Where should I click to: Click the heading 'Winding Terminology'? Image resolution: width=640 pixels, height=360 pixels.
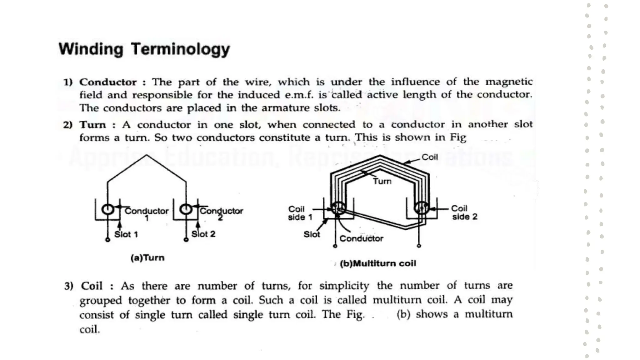pos(144,49)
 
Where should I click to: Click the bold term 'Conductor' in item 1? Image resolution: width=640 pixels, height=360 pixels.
pos(108,82)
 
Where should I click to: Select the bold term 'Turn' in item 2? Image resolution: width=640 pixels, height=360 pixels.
pos(92,125)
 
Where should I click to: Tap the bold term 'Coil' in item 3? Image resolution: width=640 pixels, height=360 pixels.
pos(92,286)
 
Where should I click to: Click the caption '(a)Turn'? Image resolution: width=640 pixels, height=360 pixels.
pos(147,258)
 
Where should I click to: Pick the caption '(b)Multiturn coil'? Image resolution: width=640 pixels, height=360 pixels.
pos(378,263)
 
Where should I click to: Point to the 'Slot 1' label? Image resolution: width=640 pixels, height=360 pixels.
pos(126,234)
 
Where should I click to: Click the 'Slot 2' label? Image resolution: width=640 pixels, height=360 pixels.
pos(203,234)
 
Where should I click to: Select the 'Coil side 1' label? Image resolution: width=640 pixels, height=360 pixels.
pos(300,213)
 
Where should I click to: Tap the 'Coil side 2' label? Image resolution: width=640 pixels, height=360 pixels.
pos(464,212)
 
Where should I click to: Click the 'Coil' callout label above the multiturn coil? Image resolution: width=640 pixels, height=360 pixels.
pos(430,157)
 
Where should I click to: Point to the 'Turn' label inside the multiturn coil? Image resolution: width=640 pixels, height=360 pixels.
pos(382,181)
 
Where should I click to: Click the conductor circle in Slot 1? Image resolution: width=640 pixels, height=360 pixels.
pos(108,209)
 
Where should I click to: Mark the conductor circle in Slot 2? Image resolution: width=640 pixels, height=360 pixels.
pos(186,209)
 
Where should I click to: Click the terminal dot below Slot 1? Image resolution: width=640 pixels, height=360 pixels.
pos(107,240)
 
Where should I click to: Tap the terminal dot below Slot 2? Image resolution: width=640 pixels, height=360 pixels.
pos(186,240)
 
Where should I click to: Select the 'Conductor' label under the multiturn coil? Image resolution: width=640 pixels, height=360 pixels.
pos(361,239)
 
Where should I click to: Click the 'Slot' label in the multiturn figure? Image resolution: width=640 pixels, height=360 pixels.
pos(312,234)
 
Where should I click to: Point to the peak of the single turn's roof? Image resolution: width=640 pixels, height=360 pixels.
pos(146,155)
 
